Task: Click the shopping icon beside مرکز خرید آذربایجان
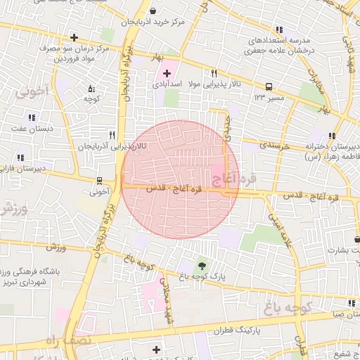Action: tap(153, 11)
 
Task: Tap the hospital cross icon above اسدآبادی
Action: tap(167, 73)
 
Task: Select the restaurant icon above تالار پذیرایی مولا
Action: tap(214, 73)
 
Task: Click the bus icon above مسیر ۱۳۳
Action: tap(269, 87)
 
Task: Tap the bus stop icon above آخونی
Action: tap(99, 180)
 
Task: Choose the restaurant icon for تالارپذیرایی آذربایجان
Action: tap(112, 135)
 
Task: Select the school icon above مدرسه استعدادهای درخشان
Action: tap(279, 30)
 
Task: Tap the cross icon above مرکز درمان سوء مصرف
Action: tap(74, 37)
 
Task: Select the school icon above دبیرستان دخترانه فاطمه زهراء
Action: tap(331, 136)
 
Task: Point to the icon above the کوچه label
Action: tap(91, 89)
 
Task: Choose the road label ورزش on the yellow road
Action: tap(56, 247)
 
